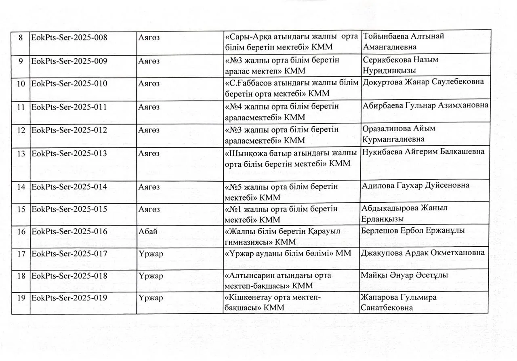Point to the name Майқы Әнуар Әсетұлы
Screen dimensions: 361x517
click(406, 275)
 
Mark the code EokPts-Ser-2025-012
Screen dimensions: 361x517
click(69, 130)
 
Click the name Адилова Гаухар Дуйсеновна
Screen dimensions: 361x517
click(416, 185)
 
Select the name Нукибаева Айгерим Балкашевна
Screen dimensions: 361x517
click(423, 152)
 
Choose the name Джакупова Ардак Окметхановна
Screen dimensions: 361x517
click(423, 253)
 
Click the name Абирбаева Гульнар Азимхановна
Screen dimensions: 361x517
click(425, 105)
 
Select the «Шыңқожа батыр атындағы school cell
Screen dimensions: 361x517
click(290, 159)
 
